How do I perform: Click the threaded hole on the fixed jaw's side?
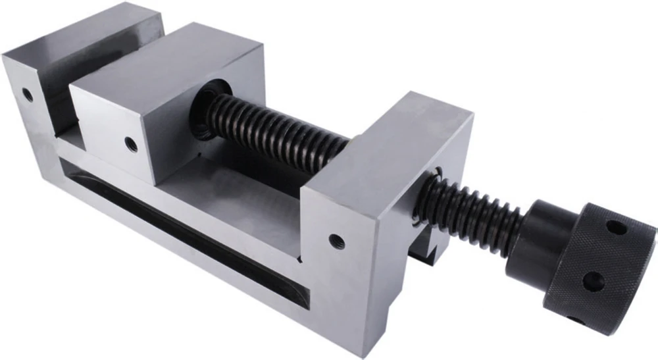28,94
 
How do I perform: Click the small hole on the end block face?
336,241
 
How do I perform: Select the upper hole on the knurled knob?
615,228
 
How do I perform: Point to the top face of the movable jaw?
164,63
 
